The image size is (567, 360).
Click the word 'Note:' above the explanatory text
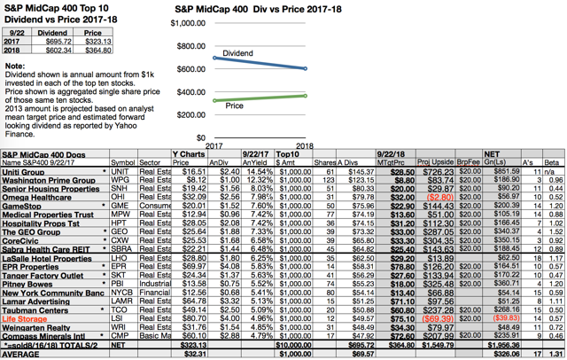(15, 67)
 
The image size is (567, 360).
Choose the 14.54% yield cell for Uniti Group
(252, 170)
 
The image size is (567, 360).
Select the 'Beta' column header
(552, 162)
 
